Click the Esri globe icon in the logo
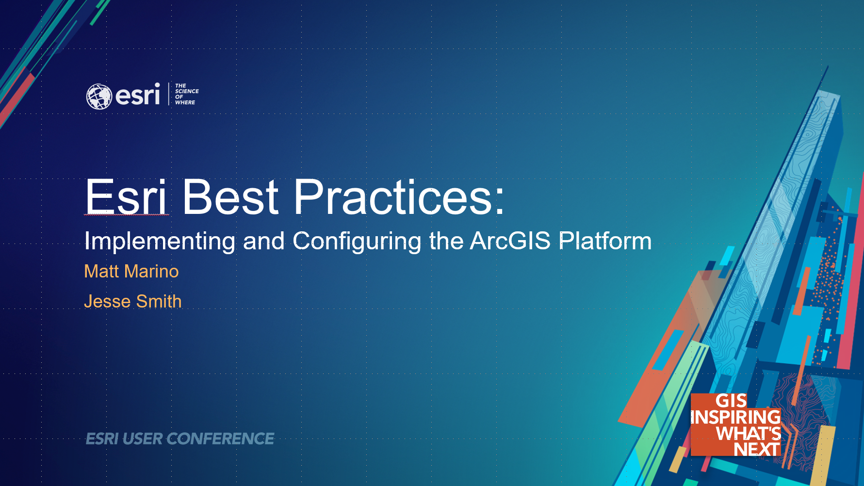pyautogui.click(x=99, y=96)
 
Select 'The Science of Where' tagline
pyautogui.click(x=187, y=94)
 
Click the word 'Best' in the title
pyautogui.click(x=230, y=197)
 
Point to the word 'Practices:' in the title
pyautogui.click(x=399, y=197)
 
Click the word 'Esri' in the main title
pyautogui.click(x=126, y=197)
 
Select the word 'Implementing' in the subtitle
pyautogui.click(x=160, y=242)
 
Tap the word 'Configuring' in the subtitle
pyautogui.click(x=357, y=242)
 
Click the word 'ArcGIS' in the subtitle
pyautogui.click(x=510, y=241)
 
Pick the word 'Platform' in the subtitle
pyautogui.click(x=605, y=241)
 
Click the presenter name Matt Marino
pyautogui.click(x=131, y=272)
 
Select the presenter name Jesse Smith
pyautogui.click(x=133, y=301)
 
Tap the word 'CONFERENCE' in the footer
pyautogui.click(x=221, y=439)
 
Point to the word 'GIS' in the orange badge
pyautogui.click(x=731, y=401)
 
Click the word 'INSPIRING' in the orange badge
pyautogui.click(x=735, y=417)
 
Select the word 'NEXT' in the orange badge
pyautogui.click(x=757, y=449)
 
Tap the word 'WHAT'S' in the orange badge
pyautogui.click(x=749, y=433)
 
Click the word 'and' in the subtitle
pyautogui.click(x=264, y=241)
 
